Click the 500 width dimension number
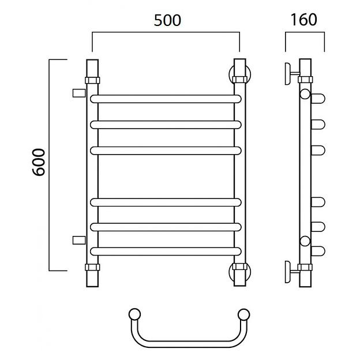pos(167,20)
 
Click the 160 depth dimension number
pos(303,20)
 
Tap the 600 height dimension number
pos(39,162)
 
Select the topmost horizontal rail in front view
pos(166,99)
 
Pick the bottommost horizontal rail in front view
pos(166,252)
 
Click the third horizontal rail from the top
pos(166,151)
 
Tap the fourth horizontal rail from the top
pos(166,202)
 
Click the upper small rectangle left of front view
pos(79,93)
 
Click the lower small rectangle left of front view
pos(79,240)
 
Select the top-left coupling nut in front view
pos(92,80)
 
